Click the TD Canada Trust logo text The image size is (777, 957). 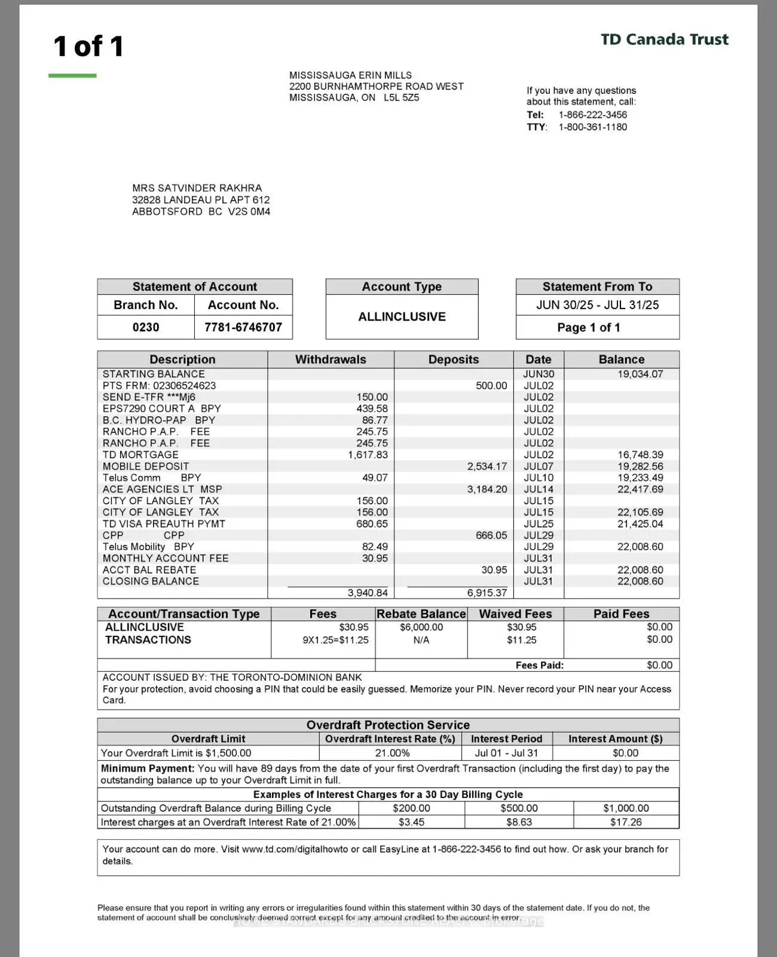click(664, 39)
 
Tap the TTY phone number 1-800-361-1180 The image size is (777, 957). click(592, 127)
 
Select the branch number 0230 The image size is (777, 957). click(146, 327)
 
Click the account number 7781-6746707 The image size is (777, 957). click(243, 327)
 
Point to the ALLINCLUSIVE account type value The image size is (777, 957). click(402, 316)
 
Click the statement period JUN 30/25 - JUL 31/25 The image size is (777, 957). click(597, 305)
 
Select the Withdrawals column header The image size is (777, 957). click(331, 359)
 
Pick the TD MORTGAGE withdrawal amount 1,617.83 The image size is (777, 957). click(368, 455)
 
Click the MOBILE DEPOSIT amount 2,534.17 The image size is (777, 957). click(487, 466)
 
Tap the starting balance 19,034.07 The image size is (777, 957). click(640, 374)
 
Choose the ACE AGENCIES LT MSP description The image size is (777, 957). click(162, 489)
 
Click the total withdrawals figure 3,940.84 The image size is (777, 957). click(368, 593)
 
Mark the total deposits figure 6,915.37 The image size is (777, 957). click(487, 593)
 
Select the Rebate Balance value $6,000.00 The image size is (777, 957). click(421, 627)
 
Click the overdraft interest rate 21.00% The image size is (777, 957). click(392, 753)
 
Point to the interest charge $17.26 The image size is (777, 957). click(626, 822)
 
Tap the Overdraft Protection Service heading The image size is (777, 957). click(388, 725)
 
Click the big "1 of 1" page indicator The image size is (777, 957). click(88, 46)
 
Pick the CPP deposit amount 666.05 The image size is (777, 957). click(491, 535)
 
